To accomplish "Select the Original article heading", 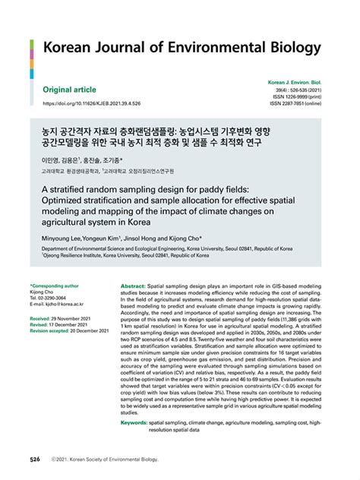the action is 75,90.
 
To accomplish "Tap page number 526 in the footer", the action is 35,460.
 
